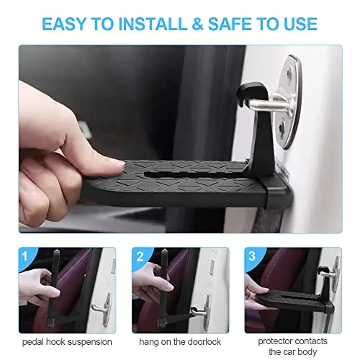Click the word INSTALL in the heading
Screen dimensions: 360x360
[153, 24]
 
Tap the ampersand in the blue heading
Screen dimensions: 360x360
[197, 24]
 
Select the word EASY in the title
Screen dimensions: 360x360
[64, 24]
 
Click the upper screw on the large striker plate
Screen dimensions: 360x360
[288, 73]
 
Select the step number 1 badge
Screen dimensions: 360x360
[25, 256]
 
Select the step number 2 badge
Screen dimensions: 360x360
[140, 256]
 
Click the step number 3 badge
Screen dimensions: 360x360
[252, 256]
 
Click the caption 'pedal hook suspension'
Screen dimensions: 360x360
[67, 342]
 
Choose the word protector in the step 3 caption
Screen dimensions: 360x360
[275, 341]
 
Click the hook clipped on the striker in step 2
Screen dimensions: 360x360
[194, 311]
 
